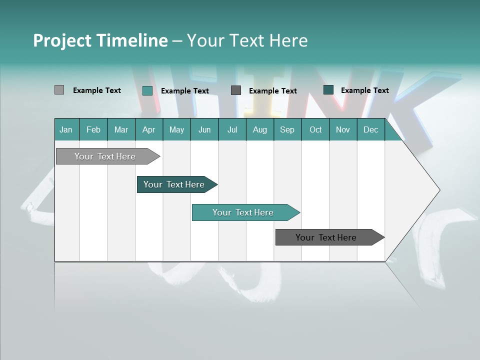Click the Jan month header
tap(66, 129)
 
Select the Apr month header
tap(149, 129)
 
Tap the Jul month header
tap(232, 129)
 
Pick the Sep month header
tap(287, 129)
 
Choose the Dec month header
tap(370, 129)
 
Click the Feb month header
tap(93, 129)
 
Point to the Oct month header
tap(315, 129)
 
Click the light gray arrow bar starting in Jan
tap(105, 156)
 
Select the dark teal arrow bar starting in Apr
tap(174, 184)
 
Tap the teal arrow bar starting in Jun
tap(243, 212)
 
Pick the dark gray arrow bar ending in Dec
tap(326, 237)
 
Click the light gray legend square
tap(59, 90)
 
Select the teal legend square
tap(147, 90)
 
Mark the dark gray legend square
tap(236, 90)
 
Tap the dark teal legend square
tap(328, 90)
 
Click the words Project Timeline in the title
tap(100, 40)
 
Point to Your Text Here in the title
tap(247, 40)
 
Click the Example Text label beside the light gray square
tap(97, 90)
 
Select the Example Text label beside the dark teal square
tap(364, 90)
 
